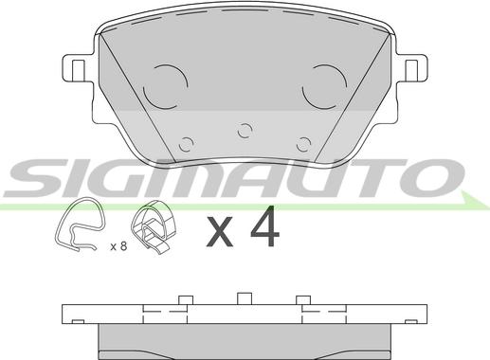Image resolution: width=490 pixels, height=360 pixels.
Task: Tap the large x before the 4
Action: [220, 231]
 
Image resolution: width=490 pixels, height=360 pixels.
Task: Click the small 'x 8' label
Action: [118, 245]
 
